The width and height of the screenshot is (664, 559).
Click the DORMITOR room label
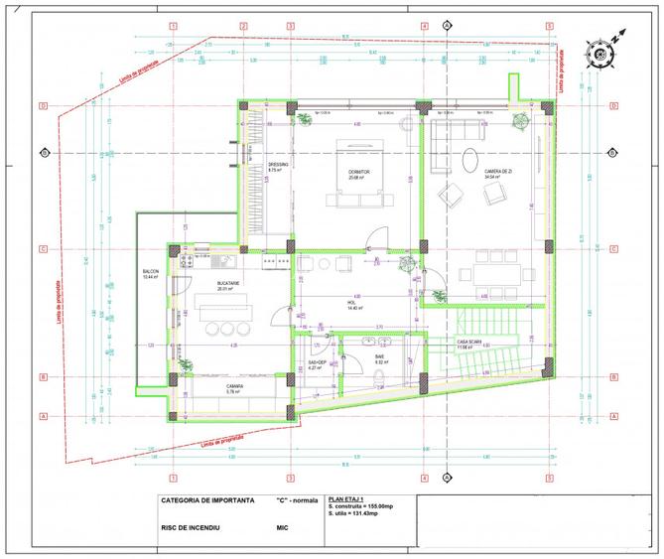pos(358,171)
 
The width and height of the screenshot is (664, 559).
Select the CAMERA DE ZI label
pos(497,171)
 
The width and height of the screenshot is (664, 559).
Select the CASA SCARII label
pos(469,343)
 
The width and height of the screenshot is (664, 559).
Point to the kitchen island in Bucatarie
pos(226,309)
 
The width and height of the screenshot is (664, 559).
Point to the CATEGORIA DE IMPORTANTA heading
pos(205,499)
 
